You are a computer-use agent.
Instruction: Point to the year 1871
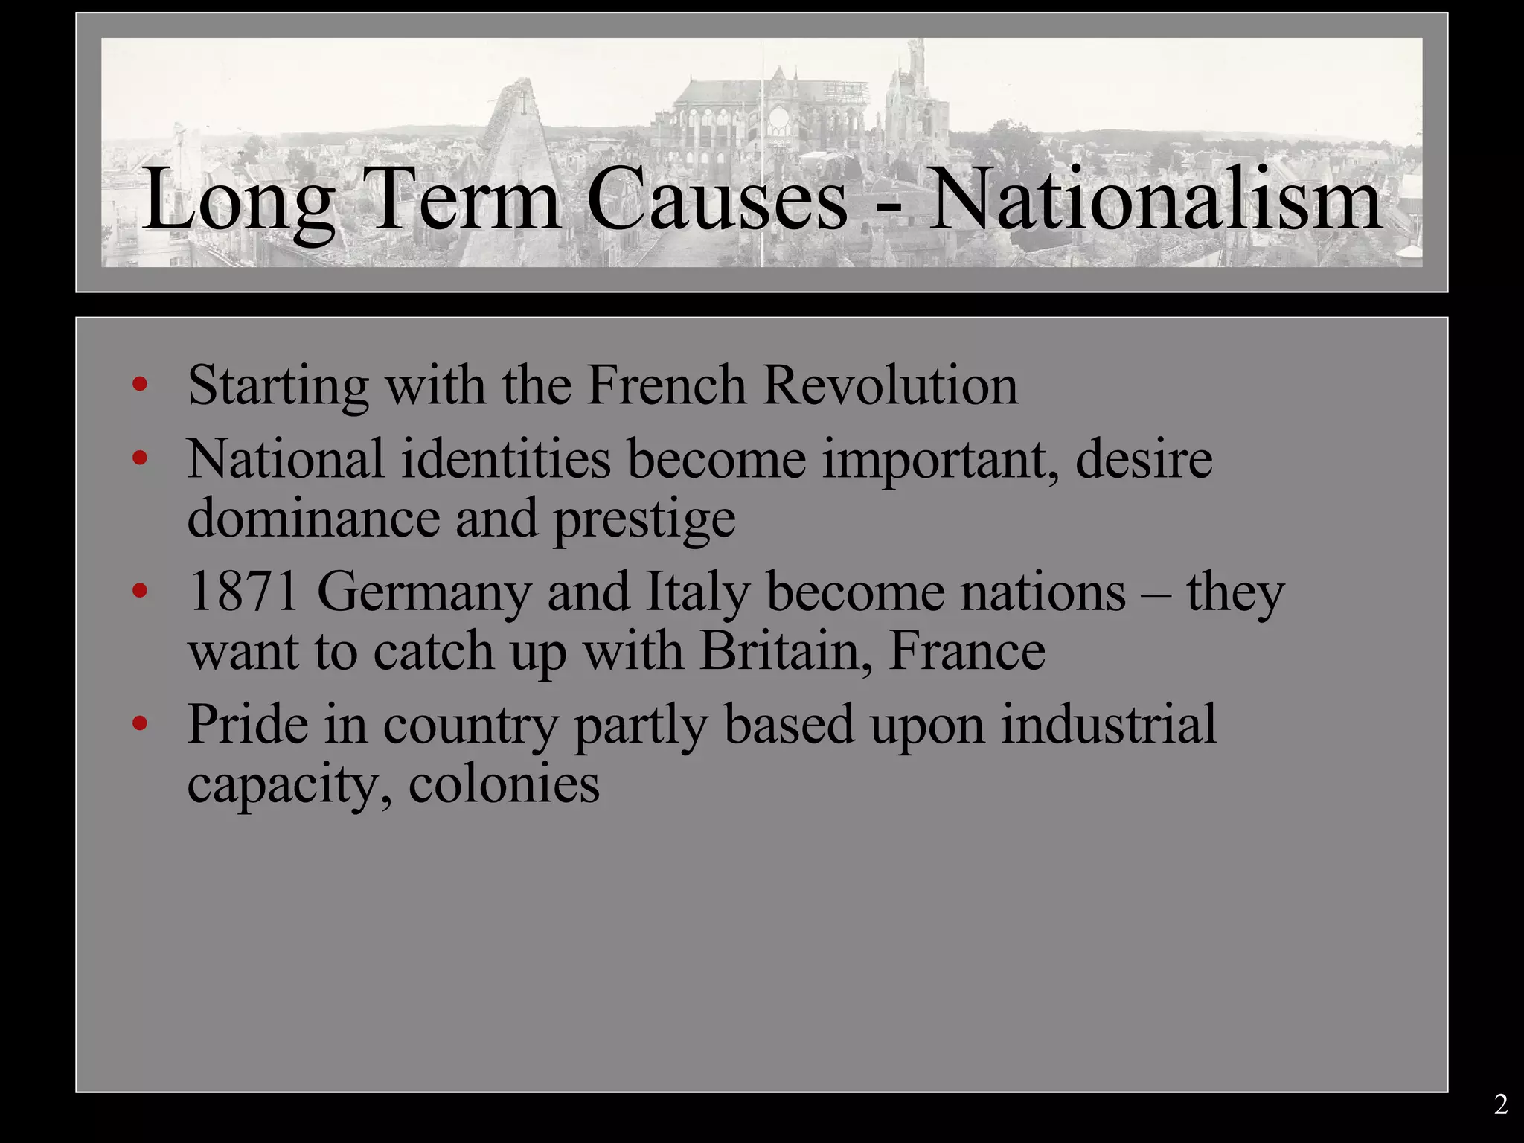pyautogui.click(x=244, y=592)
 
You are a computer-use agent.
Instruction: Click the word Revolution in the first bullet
pyautogui.click(x=890, y=385)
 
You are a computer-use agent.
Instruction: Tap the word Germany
pyautogui.click(x=424, y=594)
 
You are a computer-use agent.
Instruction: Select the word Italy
pyautogui.click(x=697, y=594)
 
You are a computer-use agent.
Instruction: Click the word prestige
pyautogui.click(x=644, y=519)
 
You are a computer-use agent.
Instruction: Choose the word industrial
pyautogui.click(x=1108, y=724)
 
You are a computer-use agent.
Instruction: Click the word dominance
pyautogui.click(x=313, y=518)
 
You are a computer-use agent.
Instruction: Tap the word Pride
pyautogui.click(x=247, y=724)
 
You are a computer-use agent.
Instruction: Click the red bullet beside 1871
pyautogui.click(x=139, y=592)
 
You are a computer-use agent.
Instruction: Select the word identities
pyautogui.click(x=506, y=459)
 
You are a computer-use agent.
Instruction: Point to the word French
pyautogui.click(x=666, y=385)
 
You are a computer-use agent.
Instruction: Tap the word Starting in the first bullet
pyautogui.click(x=278, y=387)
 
